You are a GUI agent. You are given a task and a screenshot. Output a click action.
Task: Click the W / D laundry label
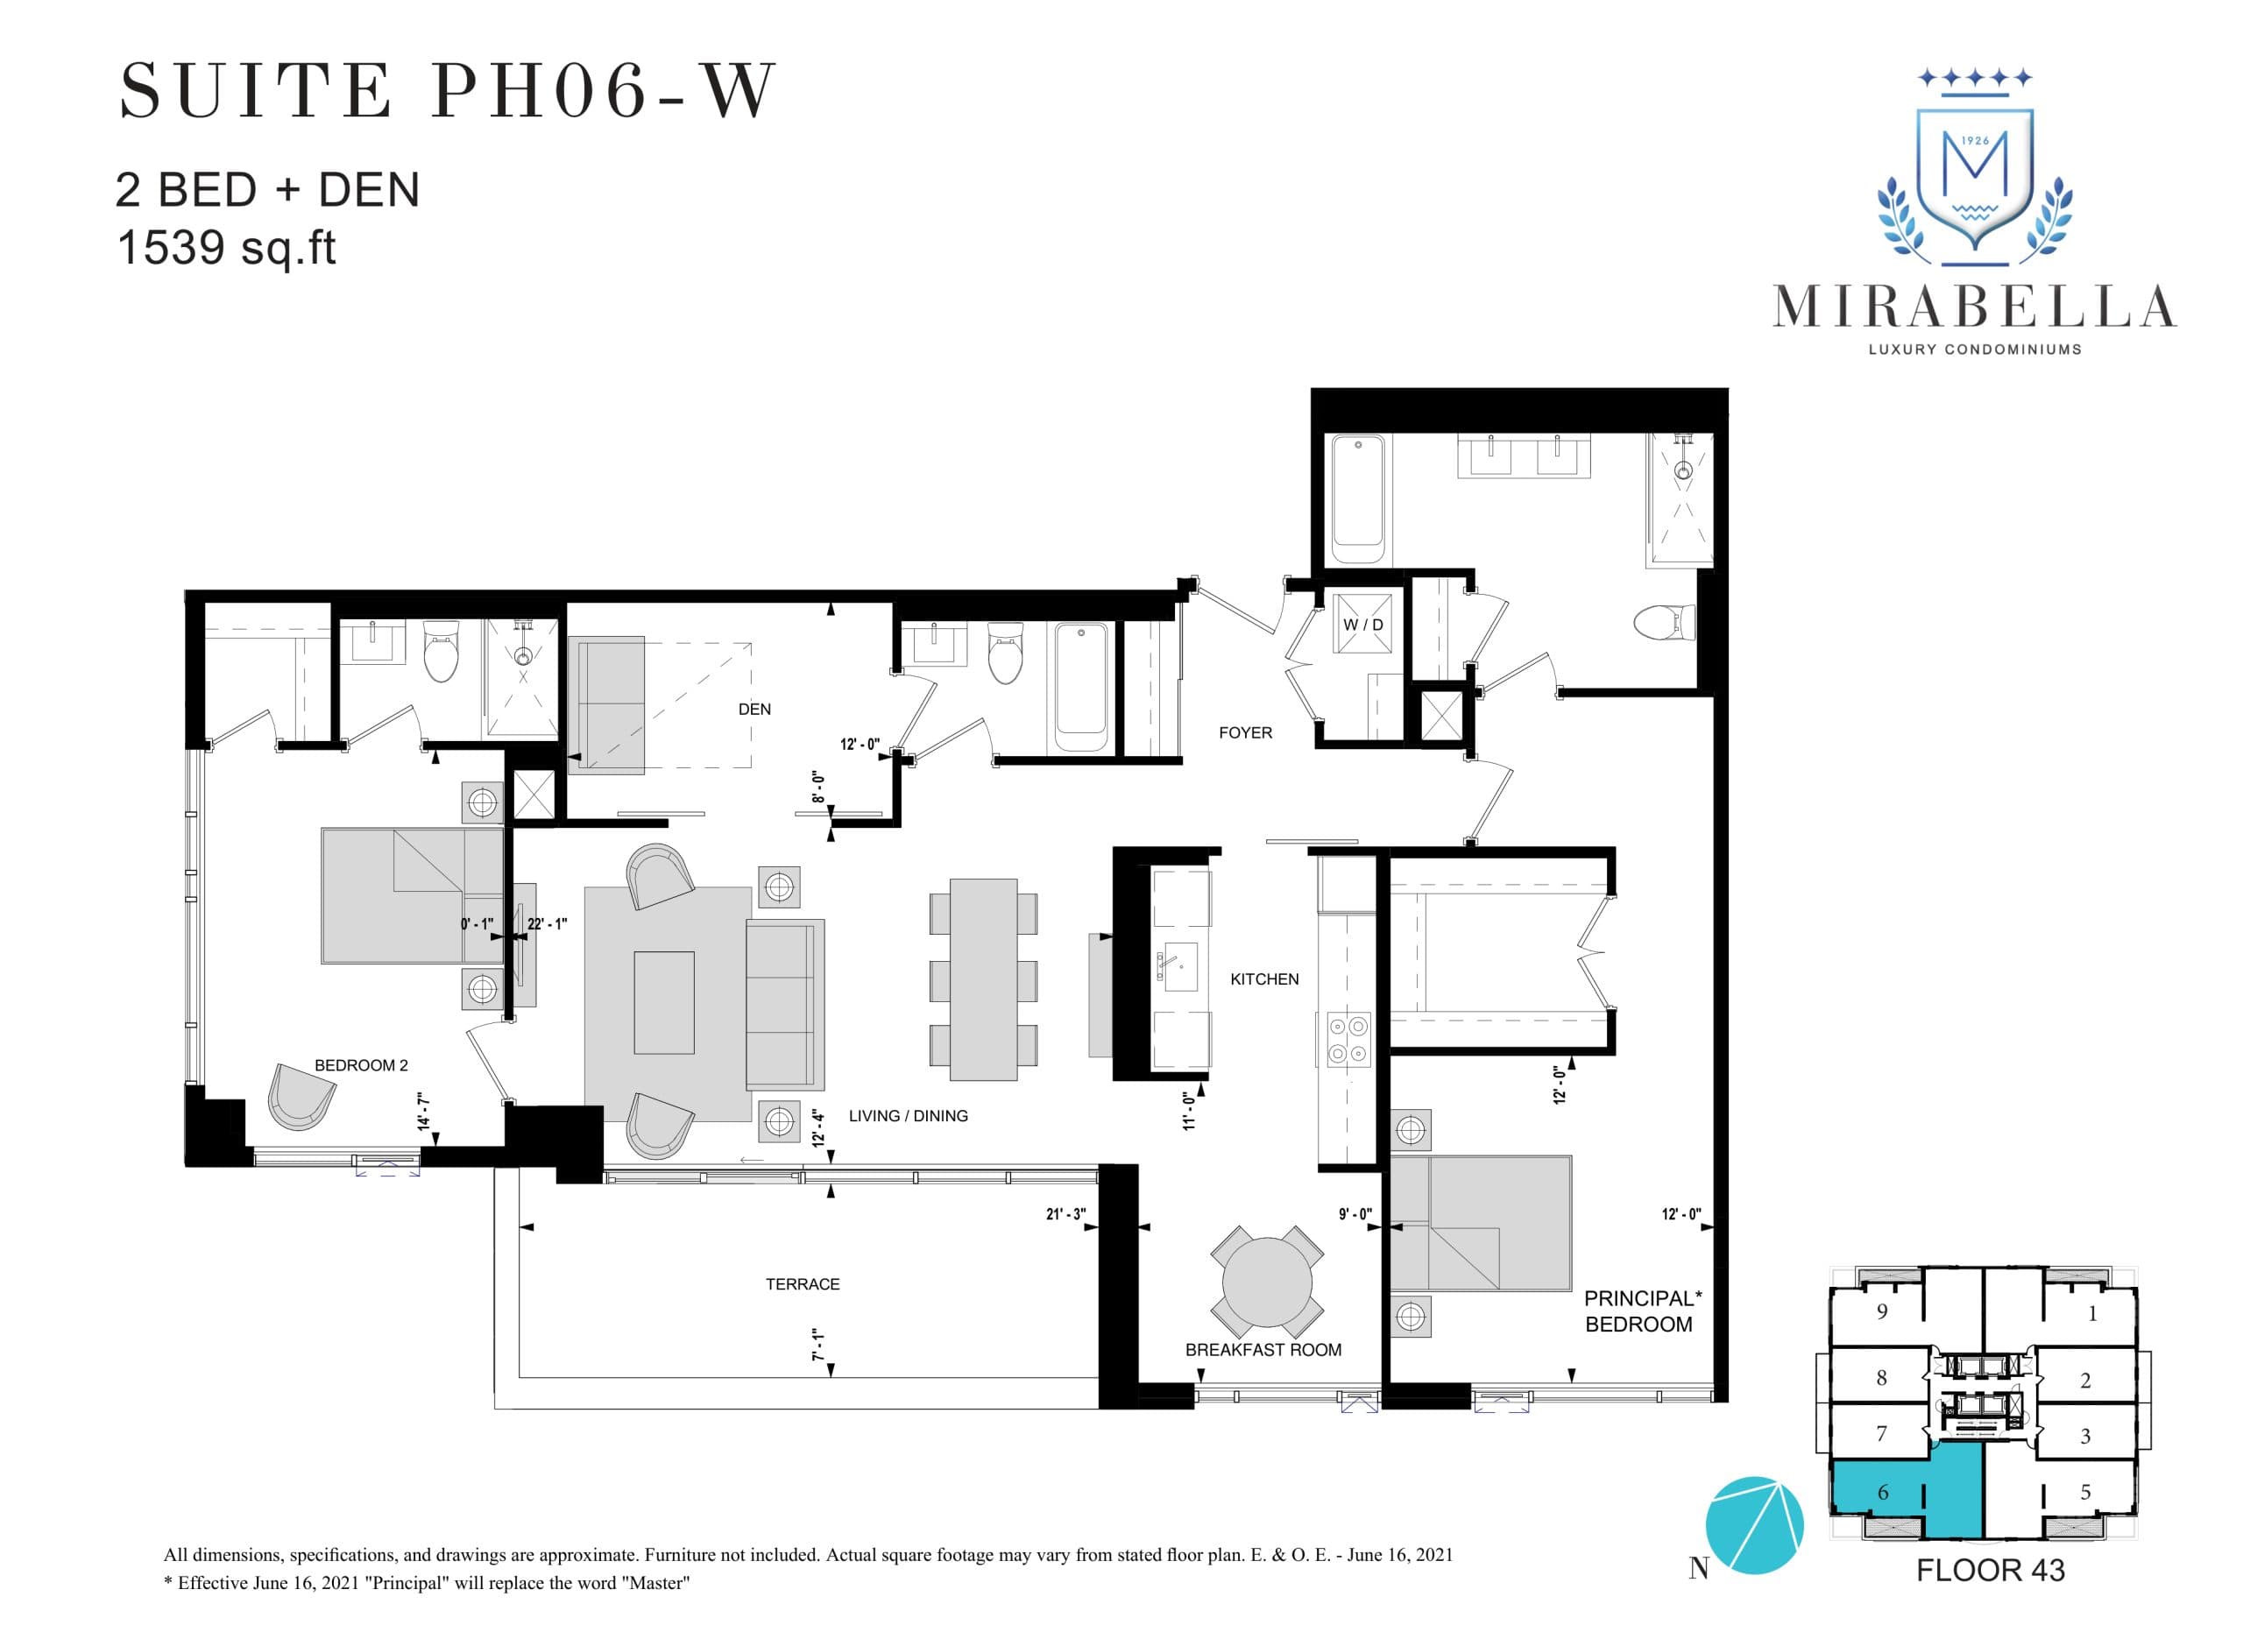tap(1362, 625)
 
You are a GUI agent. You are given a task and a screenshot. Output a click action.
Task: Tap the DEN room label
tap(754, 710)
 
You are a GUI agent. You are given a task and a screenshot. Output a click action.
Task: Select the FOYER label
tap(1245, 733)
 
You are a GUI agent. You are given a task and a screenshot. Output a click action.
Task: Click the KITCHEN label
tap(1263, 979)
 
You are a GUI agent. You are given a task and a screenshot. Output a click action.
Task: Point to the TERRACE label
tap(802, 1284)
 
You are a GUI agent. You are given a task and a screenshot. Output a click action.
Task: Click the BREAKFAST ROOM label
tap(1263, 1349)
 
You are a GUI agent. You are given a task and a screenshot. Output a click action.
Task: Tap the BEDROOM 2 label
tap(361, 1065)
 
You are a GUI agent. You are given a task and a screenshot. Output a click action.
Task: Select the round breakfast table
tap(1267, 1281)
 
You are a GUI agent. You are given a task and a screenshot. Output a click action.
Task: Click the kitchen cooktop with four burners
tap(1348, 1040)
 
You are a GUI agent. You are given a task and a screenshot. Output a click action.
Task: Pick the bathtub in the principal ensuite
tap(1358, 491)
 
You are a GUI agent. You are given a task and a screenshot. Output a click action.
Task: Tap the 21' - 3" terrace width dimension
tap(1065, 1214)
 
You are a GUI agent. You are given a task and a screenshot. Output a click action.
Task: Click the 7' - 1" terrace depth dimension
tap(818, 1345)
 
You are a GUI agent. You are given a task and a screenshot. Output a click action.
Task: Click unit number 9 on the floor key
tap(1882, 1311)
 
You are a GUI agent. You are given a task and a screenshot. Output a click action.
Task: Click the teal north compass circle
tap(1753, 1525)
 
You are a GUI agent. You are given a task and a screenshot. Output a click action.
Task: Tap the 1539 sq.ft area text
tap(226, 248)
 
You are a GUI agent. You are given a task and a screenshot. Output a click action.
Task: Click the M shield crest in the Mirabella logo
tap(1975, 179)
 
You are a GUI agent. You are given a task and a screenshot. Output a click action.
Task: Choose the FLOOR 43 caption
tap(1990, 1571)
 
